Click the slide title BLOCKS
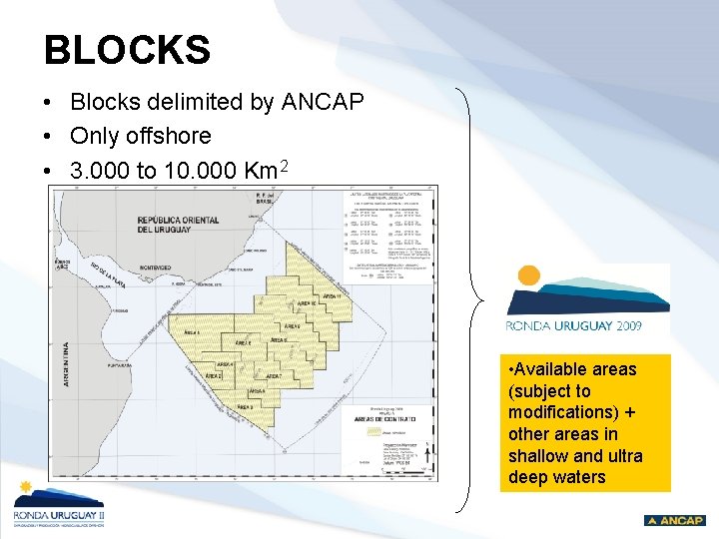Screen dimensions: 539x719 [127, 50]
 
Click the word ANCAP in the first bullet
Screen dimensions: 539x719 [328, 102]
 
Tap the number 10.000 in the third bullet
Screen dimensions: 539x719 [196, 171]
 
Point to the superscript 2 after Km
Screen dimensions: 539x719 [284, 166]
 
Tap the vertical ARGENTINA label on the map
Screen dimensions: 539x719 [66, 370]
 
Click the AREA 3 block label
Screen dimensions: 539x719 [244, 408]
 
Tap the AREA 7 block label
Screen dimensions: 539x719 [273, 377]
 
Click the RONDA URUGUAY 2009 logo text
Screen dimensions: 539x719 [574, 324]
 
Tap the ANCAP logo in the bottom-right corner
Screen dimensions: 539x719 [675, 520]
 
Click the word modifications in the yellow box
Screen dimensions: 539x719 [558, 412]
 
